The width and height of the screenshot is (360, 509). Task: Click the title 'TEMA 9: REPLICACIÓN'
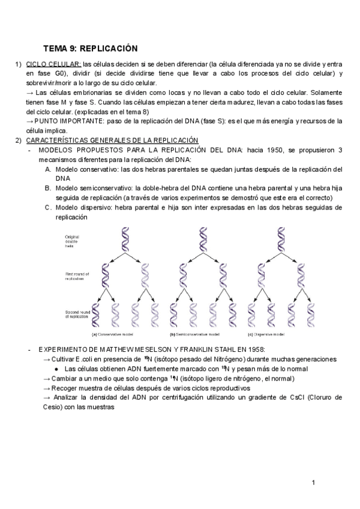(x=91, y=47)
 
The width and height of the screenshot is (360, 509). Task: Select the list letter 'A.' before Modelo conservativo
(x=49, y=169)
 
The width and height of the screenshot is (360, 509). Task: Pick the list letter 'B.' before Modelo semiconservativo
(x=49, y=188)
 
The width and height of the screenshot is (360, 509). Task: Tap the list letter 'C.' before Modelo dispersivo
(x=49, y=208)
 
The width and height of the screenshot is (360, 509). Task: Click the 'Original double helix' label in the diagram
(x=73, y=241)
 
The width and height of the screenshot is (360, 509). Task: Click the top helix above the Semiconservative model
(x=202, y=239)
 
